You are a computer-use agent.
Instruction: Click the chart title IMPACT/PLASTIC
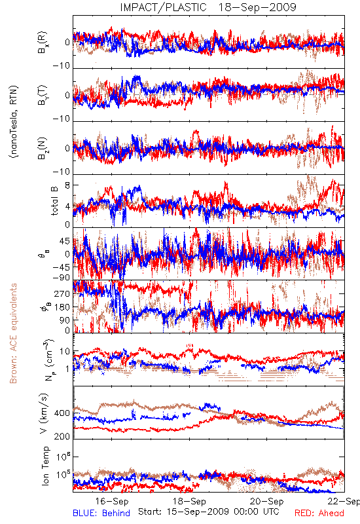click(163, 7)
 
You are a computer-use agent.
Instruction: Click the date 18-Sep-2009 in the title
click(257, 7)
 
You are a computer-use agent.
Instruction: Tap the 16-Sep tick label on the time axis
click(111, 501)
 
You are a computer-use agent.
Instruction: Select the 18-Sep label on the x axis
click(189, 501)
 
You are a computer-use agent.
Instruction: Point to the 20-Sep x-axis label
click(267, 501)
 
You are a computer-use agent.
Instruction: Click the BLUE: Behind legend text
click(101, 513)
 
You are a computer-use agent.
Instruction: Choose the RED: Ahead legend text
click(319, 513)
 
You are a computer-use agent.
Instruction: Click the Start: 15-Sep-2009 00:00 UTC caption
click(209, 512)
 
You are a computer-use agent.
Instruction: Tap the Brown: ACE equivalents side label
click(13, 333)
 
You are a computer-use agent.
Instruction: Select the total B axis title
click(54, 201)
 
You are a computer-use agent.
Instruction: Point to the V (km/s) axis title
click(44, 414)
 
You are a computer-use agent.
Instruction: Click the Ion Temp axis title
click(45, 466)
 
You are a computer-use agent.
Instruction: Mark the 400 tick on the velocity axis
click(62, 413)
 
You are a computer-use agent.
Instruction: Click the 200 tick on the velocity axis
click(62, 436)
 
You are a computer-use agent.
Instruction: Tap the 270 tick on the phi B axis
click(62, 293)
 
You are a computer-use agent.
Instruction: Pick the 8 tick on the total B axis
click(67, 185)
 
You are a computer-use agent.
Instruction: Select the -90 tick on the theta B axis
click(62, 278)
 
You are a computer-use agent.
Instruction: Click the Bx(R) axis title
click(43, 43)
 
